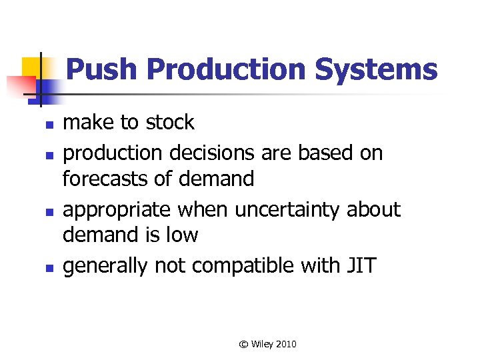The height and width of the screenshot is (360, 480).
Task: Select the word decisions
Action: [201, 153]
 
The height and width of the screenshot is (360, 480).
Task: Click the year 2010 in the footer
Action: [285, 344]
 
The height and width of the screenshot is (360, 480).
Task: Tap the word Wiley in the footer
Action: [261, 344]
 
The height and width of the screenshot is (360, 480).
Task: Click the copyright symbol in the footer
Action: [244, 344]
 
